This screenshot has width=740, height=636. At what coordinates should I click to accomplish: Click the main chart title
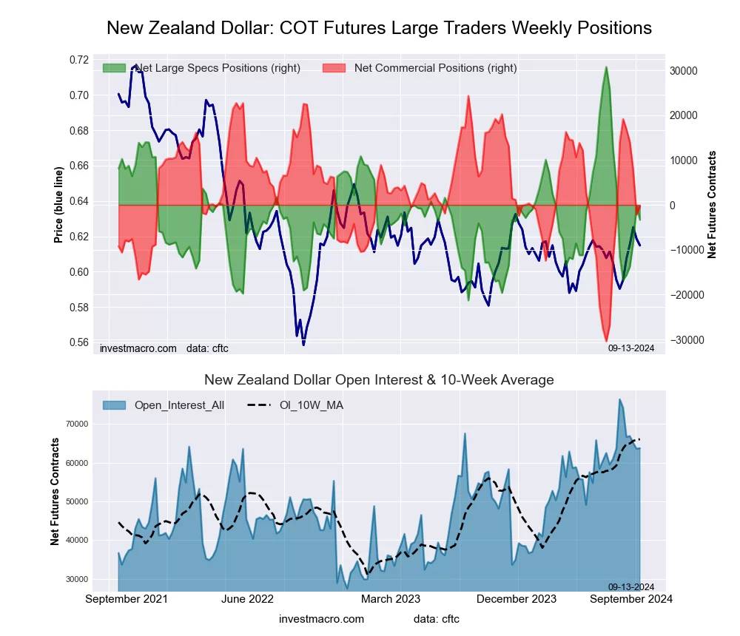379,28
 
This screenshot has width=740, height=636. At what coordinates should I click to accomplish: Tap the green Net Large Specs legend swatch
114,68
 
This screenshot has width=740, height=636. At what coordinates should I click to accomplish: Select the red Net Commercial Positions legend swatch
334,68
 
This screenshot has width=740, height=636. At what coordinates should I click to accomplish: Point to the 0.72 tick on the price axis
79,60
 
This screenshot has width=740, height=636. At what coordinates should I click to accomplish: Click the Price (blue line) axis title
58,200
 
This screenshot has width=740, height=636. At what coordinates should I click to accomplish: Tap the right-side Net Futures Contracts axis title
712,205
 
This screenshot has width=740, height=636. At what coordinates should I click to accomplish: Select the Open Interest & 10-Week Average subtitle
379,380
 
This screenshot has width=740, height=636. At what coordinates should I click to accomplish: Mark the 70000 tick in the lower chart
78,424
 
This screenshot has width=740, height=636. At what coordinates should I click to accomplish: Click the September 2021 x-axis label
127,599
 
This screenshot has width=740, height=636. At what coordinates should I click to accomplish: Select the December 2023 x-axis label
519,599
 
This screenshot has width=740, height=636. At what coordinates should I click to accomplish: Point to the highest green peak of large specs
606,67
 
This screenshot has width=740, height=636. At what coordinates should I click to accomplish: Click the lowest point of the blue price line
303,345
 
